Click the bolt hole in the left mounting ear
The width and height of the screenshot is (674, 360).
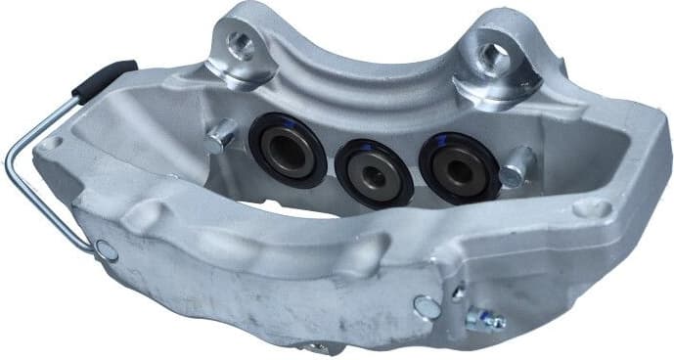[x=238, y=43]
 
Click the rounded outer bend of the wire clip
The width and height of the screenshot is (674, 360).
[x=13, y=161]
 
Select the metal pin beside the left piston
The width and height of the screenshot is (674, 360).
[x=220, y=134]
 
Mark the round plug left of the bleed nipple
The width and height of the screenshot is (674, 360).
[x=426, y=306]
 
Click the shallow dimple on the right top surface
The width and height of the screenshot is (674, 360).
[x=590, y=206]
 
